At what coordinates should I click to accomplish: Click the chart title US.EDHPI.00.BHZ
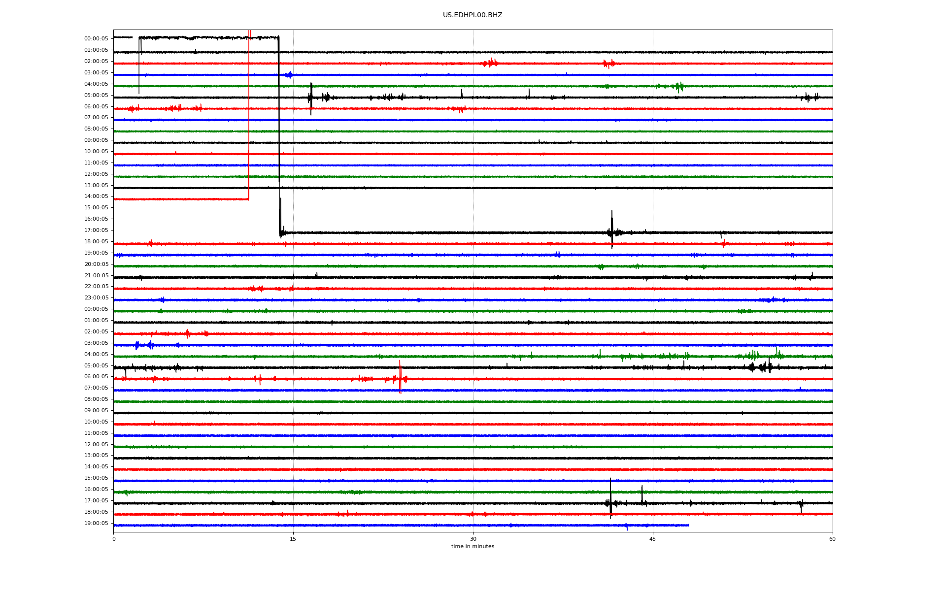point(473,15)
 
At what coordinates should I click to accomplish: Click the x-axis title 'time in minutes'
point(473,546)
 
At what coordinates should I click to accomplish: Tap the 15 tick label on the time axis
point(293,539)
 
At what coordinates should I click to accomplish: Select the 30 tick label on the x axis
point(473,539)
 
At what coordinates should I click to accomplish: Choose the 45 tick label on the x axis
point(653,539)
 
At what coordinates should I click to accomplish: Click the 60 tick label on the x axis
point(832,539)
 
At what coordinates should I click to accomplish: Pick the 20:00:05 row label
point(96,264)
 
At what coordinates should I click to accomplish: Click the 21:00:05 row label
point(96,275)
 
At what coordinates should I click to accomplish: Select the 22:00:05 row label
point(96,287)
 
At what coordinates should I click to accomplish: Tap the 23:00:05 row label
point(96,298)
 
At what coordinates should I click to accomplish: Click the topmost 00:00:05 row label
point(96,38)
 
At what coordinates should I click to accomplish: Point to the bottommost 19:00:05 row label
point(96,523)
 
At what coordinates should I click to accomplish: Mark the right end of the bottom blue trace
point(689,525)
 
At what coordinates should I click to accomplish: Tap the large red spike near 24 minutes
point(400,377)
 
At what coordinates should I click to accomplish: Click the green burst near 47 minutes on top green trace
point(679,87)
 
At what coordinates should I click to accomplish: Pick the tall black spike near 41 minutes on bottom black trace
point(611,498)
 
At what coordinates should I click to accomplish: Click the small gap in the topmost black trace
point(135,37)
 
